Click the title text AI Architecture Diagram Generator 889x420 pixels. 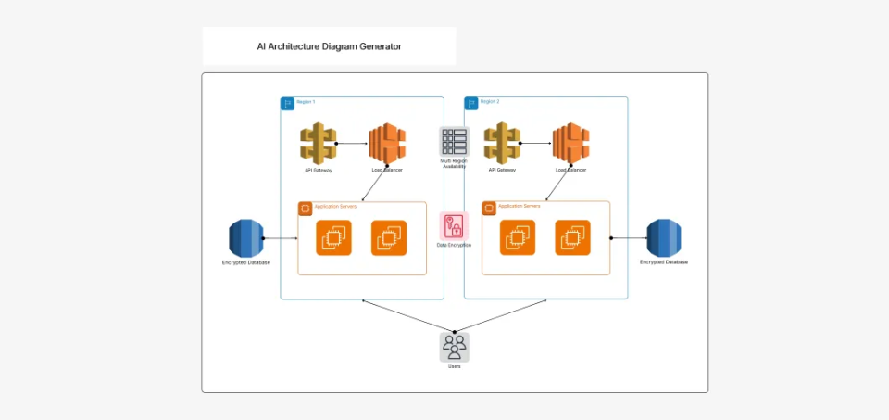point(329,45)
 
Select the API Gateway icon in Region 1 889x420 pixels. point(318,144)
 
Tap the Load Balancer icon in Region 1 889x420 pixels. point(387,144)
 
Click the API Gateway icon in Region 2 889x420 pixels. point(502,144)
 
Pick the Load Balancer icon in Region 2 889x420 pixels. point(571,144)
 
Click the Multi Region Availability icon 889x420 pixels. point(454,141)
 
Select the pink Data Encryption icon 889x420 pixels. point(454,225)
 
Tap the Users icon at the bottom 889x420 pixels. point(454,347)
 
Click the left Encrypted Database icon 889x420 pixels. point(246,238)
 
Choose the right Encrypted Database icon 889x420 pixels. point(664,238)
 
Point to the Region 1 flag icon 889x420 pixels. point(288,103)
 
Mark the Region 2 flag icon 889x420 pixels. point(471,103)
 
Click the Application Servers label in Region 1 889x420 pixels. point(334,206)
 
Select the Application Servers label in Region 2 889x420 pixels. point(519,205)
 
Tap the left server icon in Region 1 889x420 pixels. point(332,238)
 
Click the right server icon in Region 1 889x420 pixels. point(389,238)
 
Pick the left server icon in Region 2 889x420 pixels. point(517,238)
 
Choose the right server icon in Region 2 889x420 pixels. point(573,238)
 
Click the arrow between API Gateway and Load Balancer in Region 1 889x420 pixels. point(353,144)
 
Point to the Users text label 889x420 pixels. point(454,367)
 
